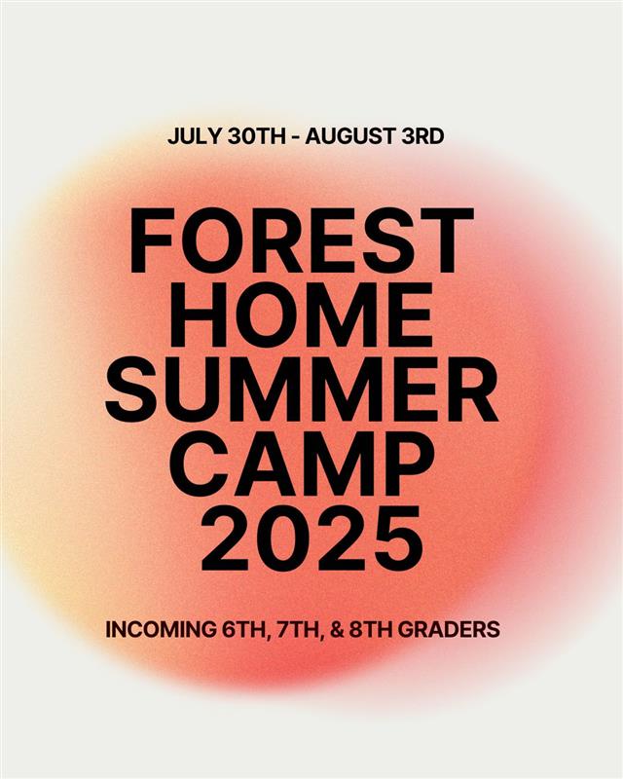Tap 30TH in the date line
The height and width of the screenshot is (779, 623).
click(x=257, y=136)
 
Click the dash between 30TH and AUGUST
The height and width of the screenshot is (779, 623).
click(x=296, y=137)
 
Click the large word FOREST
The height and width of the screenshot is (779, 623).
click(x=301, y=241)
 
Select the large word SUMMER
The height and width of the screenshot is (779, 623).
click(x=301, y=389)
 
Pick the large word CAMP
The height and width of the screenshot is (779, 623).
click(x=301, y=464)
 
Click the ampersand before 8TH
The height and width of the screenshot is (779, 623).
click(x=337, y=629)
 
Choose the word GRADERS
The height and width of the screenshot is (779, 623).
click(x=450, y=629)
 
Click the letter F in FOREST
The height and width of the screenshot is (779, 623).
click(x=152, y=241)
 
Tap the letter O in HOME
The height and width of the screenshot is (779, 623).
click(x=263, y=315)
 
